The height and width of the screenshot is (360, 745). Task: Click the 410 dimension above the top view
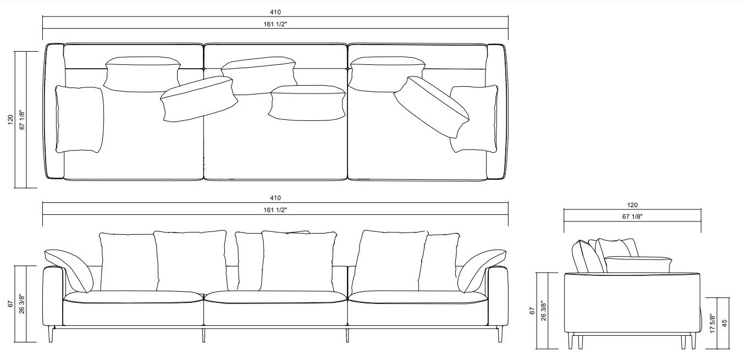275,12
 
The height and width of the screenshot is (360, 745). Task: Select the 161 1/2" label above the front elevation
275,209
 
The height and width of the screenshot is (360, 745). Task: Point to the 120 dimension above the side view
632,204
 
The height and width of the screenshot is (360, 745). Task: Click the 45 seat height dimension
724,323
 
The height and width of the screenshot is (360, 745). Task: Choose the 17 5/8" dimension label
713,323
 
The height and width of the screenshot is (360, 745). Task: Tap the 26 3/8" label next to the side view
544,311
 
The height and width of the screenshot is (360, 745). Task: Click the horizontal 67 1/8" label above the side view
632,217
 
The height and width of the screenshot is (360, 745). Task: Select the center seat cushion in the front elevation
275,297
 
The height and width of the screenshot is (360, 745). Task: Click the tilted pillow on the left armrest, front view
69,269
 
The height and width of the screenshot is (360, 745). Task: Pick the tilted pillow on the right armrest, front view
481,269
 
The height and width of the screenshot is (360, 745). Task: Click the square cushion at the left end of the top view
79,119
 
